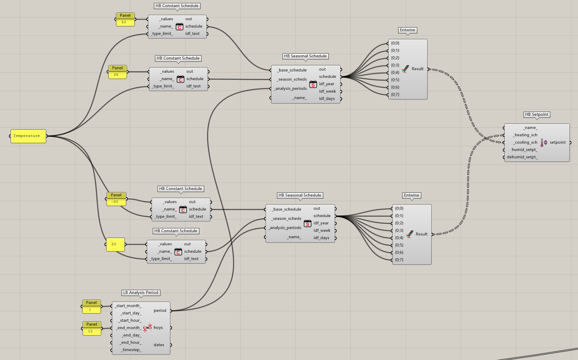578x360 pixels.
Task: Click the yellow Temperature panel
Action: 28,136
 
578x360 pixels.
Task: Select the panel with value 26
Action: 118,72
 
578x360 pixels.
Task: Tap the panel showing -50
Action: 116,199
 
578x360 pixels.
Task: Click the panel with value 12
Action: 92,329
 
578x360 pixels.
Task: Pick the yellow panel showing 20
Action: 115,244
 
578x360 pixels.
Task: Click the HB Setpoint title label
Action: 537,115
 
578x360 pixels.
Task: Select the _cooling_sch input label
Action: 525,142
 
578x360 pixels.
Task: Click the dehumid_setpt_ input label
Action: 522,157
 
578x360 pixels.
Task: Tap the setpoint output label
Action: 558,142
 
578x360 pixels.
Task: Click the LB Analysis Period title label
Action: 141,293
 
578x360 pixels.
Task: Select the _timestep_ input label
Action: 131,350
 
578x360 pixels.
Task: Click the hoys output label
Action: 158,328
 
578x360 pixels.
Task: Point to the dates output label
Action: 159,345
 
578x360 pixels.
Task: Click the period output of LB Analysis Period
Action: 160,311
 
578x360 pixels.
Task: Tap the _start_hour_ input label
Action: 130,321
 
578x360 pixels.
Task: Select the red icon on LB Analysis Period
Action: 147,328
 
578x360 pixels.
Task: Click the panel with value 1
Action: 92,307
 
